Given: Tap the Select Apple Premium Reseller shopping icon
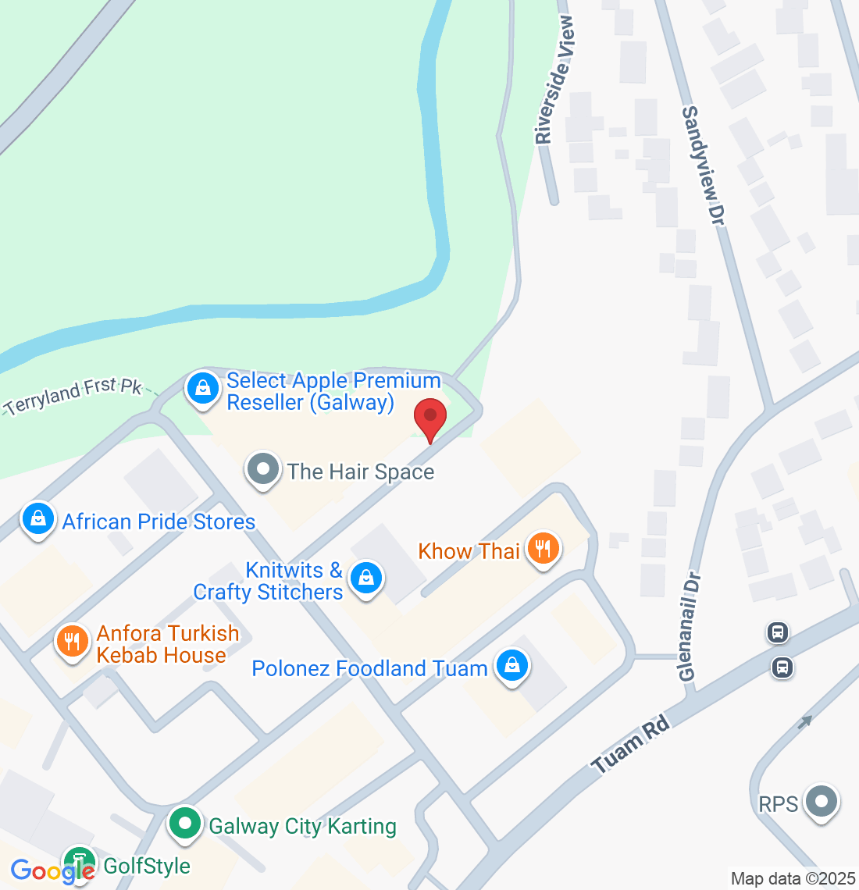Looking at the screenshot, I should [x=203, y=387].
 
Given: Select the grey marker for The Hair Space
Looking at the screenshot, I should [x=263, y=470].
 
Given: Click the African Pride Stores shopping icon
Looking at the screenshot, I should [x=37, y=518].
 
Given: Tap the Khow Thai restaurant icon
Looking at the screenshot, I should [x=543, y=549].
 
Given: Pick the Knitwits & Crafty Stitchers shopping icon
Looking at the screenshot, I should [x=365, y=578].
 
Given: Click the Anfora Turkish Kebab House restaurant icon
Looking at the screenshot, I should [x=72, y=642].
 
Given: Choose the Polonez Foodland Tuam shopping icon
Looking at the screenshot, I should [x=511, y=666].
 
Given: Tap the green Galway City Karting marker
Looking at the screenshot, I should [x=185, y=824].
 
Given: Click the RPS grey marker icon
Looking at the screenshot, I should [x=821, y=802].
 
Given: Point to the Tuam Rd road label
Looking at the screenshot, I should [x=631, y=746].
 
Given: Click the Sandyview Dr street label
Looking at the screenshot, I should [x=704, y=166].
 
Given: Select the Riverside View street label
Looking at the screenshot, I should [x=554, y=80].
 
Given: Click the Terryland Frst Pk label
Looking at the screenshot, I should [x=73, y=395].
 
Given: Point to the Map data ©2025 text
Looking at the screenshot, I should [x=793, y=878].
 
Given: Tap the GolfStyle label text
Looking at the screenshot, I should [x=147, y=866].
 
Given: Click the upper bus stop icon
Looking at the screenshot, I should [x=778, y=632].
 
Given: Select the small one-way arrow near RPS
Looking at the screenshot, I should [x=805, y=722].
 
